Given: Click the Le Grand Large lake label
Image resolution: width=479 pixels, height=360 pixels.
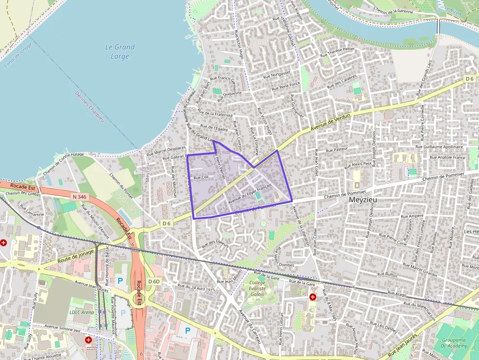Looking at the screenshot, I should tap(120, 52).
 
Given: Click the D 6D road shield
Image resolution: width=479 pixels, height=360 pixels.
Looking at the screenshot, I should tap(153, 281).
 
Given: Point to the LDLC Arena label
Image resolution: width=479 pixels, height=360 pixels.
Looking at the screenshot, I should tap(81, 312).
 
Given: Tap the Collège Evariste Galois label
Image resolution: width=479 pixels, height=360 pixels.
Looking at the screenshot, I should tap(258, 288).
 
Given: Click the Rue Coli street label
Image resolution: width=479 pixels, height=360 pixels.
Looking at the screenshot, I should tap(201, 177).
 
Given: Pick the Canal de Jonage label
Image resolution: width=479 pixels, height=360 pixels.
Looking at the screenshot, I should tap(18, 54).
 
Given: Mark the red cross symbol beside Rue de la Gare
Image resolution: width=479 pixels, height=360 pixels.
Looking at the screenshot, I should tap(312, 297).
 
